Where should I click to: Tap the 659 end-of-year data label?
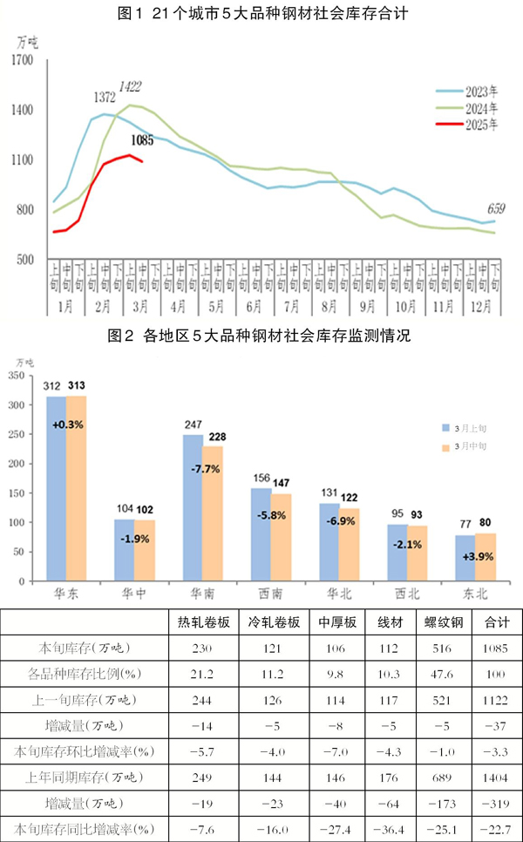[x=496, y=208]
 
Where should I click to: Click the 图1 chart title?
[x=261, y=14]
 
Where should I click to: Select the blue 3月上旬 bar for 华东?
[x=56, y=488]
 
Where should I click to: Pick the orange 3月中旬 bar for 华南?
[x=212, y=513]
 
